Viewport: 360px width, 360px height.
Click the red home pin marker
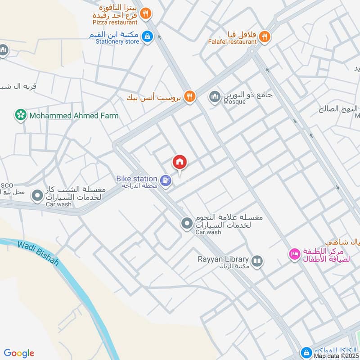click(180, 162)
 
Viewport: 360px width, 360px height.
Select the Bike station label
click(137, 179)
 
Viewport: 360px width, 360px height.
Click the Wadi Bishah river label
click(39, 253)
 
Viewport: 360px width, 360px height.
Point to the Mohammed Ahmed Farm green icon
click(20, 116)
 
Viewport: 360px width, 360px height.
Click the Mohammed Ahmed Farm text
click(74, 116)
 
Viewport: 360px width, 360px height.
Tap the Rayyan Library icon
click(257, 261)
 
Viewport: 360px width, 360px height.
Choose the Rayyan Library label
click(223, 259)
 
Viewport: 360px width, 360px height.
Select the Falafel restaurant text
click(233, 42)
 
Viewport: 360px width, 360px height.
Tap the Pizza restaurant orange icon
click(145, 14)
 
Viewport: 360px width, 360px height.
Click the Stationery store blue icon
click(147, 36)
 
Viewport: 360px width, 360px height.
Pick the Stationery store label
click(117, 42)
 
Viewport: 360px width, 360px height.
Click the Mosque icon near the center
click(214, 96)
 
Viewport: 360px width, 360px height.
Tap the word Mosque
click(234, 102)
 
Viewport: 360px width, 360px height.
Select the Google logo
click(19, 353)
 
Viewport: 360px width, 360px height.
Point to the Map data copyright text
click(337, 356)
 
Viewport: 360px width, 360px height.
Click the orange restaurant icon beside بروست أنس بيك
click(190, 96)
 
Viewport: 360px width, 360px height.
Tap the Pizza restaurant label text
click(115, 22)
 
